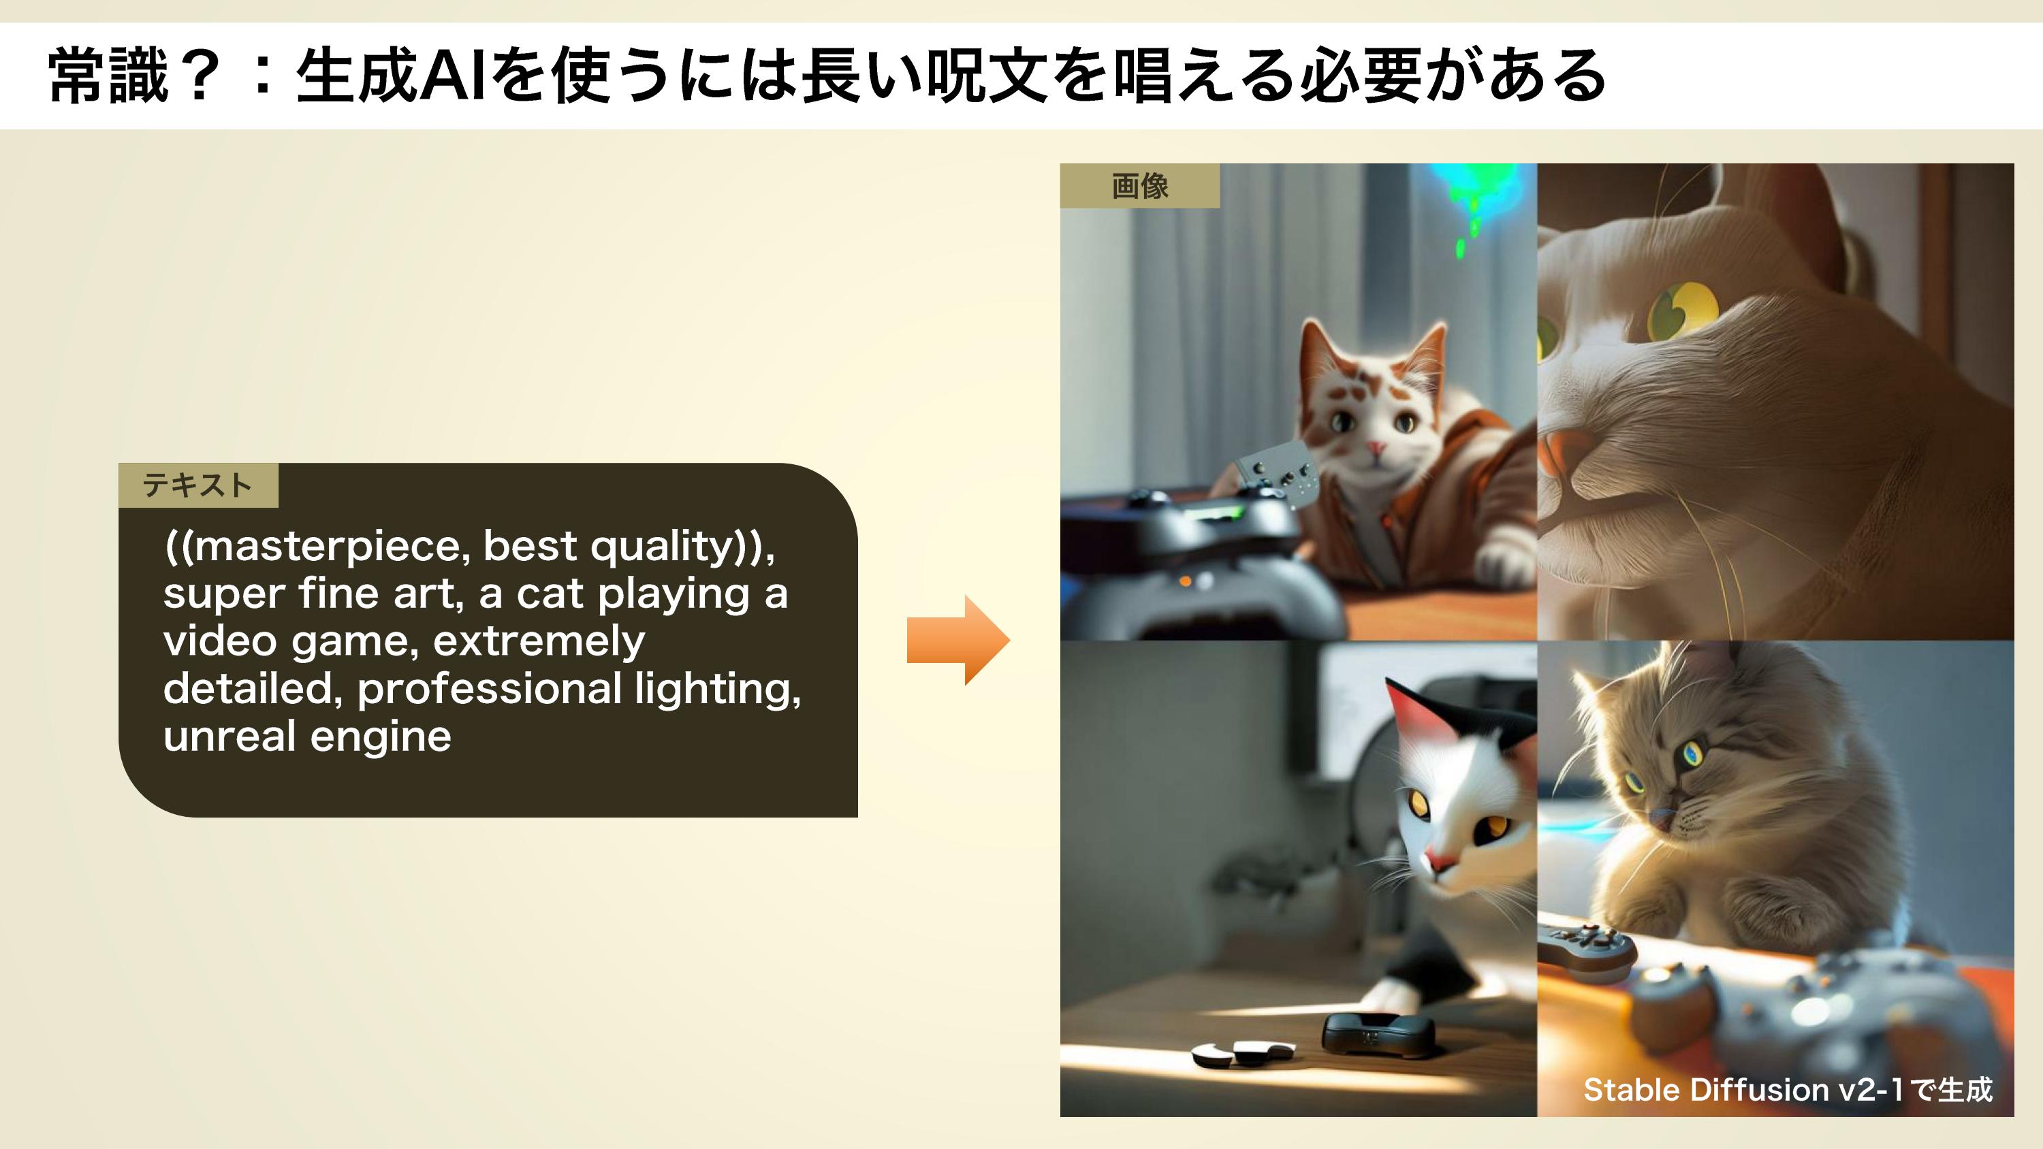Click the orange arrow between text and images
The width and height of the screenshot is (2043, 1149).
tap(958, 640)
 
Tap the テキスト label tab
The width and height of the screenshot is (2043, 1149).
tap(198, 485)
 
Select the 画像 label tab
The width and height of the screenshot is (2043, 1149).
tap(1140, 187)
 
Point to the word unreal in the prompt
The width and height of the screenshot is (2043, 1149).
tap(229, 736)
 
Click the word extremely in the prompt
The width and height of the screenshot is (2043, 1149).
tap(539, 641)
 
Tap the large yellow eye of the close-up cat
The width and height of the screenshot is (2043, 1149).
tap(1681, 311)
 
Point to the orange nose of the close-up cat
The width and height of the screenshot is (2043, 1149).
tap(1556, 461)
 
